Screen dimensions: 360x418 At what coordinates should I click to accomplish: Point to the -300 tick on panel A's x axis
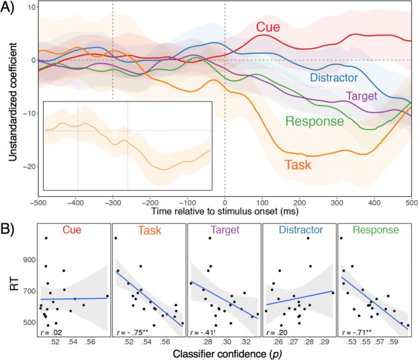pos(112,201)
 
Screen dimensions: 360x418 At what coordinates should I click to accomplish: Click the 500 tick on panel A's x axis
pos(410,201)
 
